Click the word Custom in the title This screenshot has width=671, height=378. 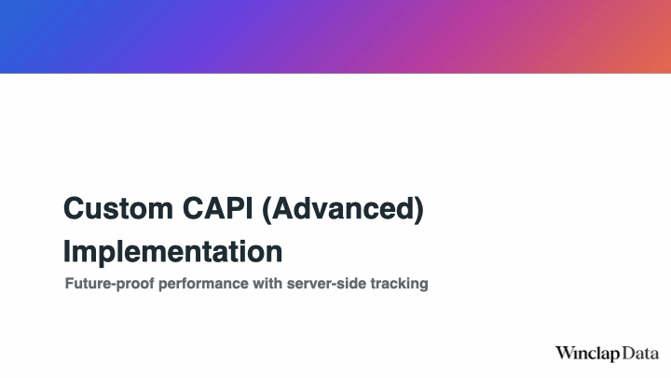coord(118,209)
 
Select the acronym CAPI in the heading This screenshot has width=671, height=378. coord(217,209)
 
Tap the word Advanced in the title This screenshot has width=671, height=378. coord(342,209)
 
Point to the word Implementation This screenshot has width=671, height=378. coord(173,252)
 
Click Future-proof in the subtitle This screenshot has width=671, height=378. coord(109,284)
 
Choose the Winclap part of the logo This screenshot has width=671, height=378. coord(587,354)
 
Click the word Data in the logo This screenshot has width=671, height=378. coord(640,354)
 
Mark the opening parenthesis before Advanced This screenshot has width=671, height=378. coord(267,210)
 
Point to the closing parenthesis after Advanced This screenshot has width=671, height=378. coord(418,210)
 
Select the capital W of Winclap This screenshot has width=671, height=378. coord(565,353)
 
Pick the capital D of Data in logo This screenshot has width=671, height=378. coord(629,353)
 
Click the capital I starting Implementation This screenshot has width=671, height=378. coord(66,251)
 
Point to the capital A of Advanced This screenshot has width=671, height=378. coord(283,209)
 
